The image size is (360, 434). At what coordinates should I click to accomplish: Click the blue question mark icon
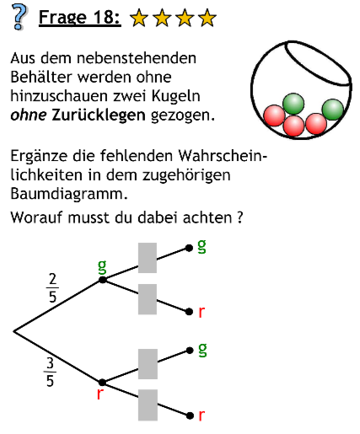[x=19, y=16]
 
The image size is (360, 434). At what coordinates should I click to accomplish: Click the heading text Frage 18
[x=80, y=18]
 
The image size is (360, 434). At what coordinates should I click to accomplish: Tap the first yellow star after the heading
[x=139, y=18]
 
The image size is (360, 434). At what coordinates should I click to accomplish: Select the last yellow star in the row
[x=207, y=18]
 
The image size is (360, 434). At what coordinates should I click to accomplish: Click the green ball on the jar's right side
[x=333, y=110]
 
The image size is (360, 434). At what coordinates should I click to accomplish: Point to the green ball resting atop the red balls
[x=293, y=104]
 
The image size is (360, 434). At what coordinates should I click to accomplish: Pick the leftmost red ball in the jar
[x=274, y=115]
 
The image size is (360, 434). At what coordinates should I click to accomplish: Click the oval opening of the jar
[x=318, y=63]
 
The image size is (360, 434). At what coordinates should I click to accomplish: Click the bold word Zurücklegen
[x=99, y=115]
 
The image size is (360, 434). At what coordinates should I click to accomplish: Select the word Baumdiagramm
[x=69, y=193]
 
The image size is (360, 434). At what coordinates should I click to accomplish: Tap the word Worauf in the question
[x=37, y=217]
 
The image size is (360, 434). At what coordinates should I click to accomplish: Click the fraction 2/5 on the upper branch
[x=52, y=288]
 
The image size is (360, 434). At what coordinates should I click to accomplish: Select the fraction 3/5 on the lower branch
[x=50, y=372]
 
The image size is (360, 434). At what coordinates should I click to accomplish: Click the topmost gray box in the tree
[x=148, y=258]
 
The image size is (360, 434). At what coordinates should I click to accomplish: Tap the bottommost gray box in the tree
[x=148, y=405]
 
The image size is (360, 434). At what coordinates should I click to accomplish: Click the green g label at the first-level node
[x=102, y=266]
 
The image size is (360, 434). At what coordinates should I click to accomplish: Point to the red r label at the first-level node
[x=99, y=394]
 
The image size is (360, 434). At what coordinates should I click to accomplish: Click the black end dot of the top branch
[x=189, y=248]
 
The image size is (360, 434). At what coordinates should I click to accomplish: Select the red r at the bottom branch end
[x=201, y=415]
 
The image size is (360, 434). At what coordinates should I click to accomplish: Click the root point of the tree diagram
[x=13, y=331]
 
